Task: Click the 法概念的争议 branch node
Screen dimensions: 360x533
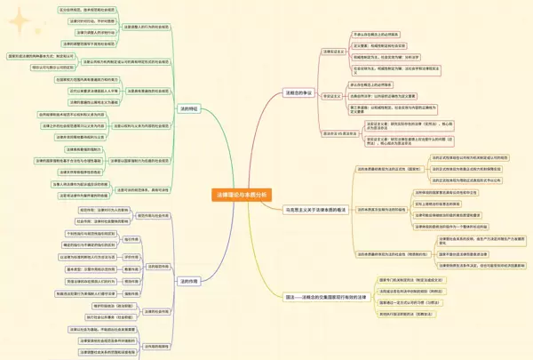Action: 298,92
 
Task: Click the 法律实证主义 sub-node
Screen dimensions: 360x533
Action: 332,52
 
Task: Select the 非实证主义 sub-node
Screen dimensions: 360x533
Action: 332,95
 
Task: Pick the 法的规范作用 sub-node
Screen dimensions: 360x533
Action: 156,266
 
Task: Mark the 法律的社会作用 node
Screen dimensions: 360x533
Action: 155,312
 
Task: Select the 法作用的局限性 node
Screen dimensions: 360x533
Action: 155,346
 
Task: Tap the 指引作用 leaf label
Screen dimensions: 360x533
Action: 131,239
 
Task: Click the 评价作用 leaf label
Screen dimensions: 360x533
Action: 131,256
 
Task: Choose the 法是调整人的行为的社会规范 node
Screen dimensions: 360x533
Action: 142,26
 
